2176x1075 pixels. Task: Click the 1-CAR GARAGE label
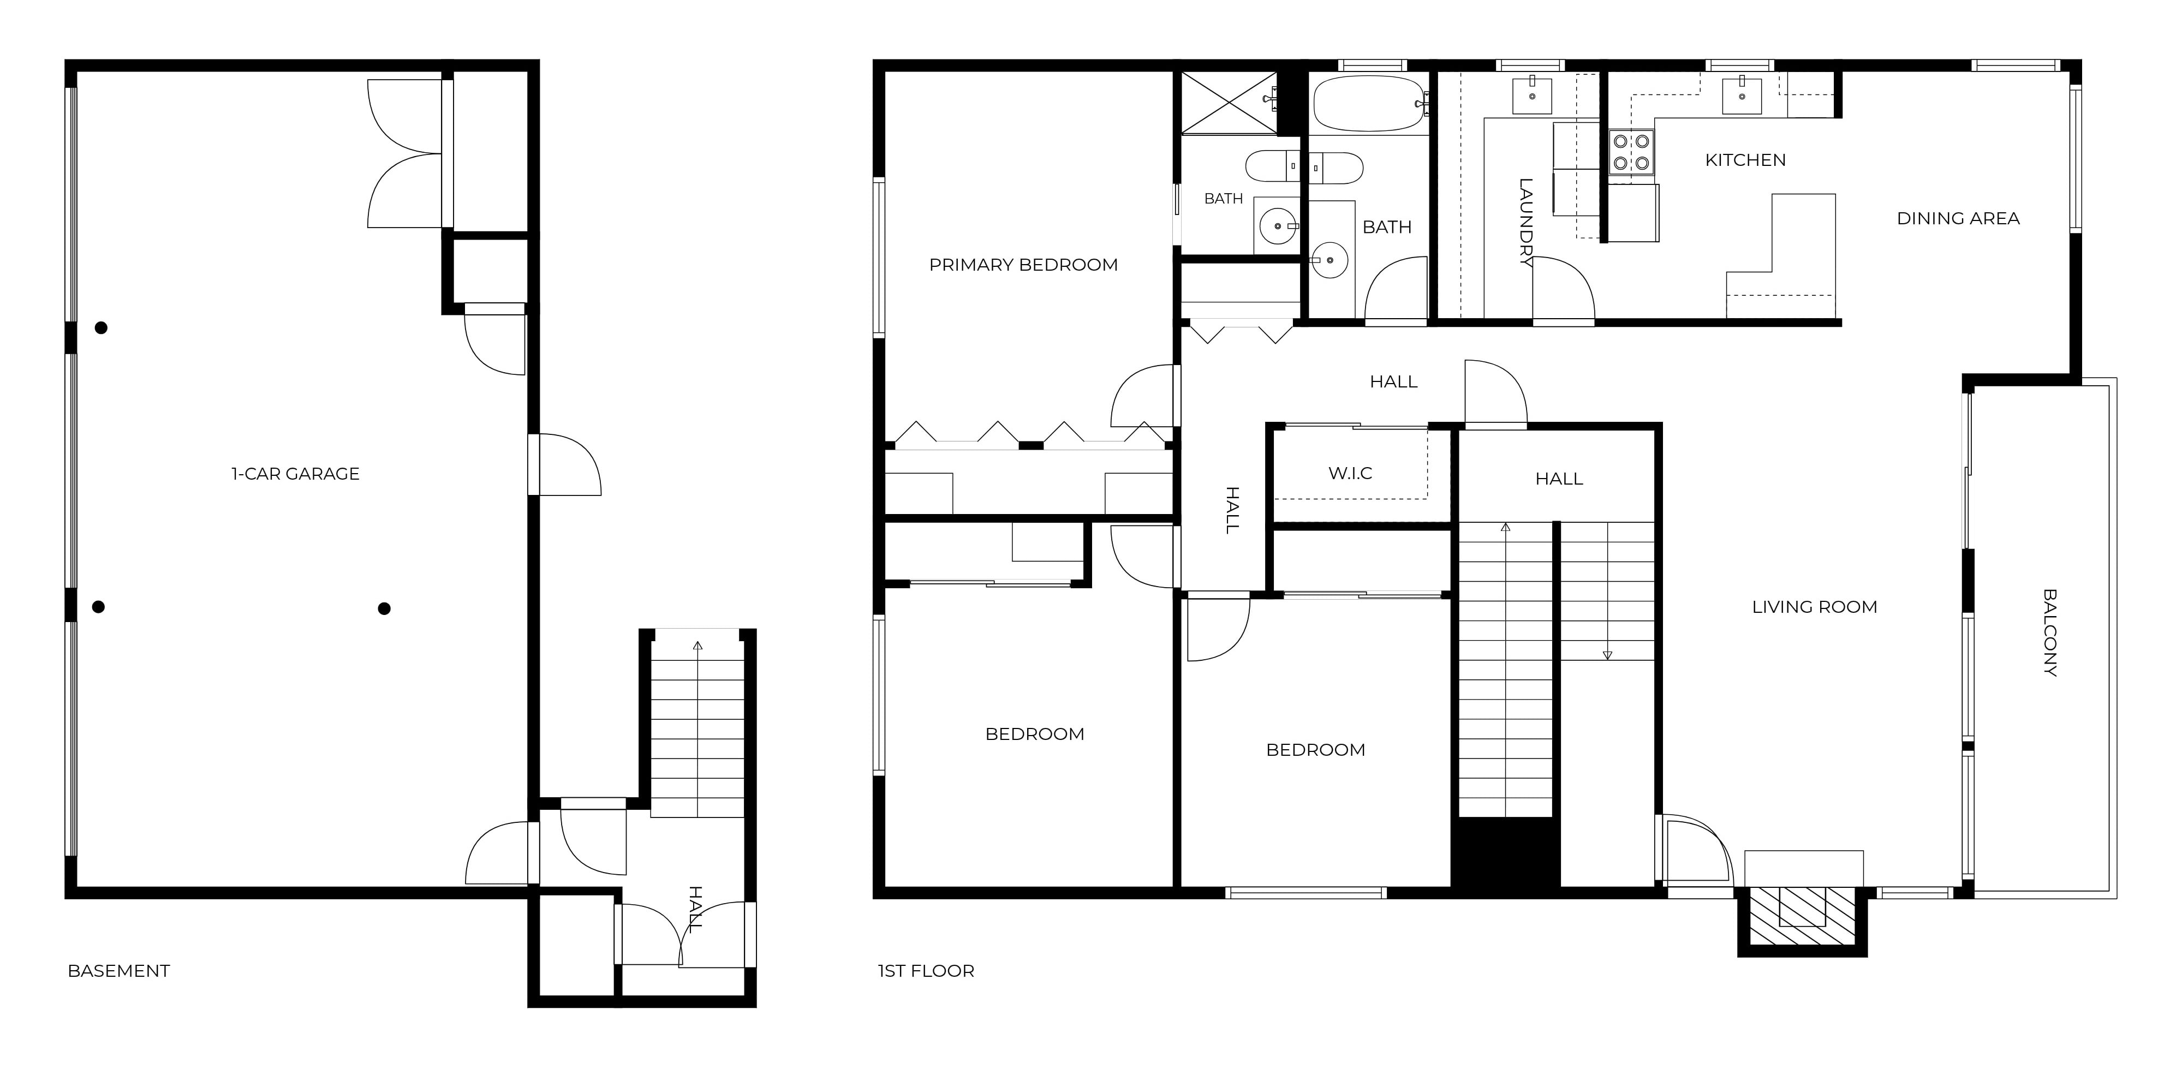click(296, 474)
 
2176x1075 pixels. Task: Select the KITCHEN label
click(1745, 160)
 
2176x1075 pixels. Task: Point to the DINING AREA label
click(1958, 219)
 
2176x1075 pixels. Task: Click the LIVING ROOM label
click(1815, 607)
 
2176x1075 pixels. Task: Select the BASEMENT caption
click(118, 971)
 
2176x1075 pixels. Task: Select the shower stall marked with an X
click(1229, 103)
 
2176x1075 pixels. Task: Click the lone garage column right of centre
click(384, 609)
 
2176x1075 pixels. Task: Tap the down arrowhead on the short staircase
click(1607, 655)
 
